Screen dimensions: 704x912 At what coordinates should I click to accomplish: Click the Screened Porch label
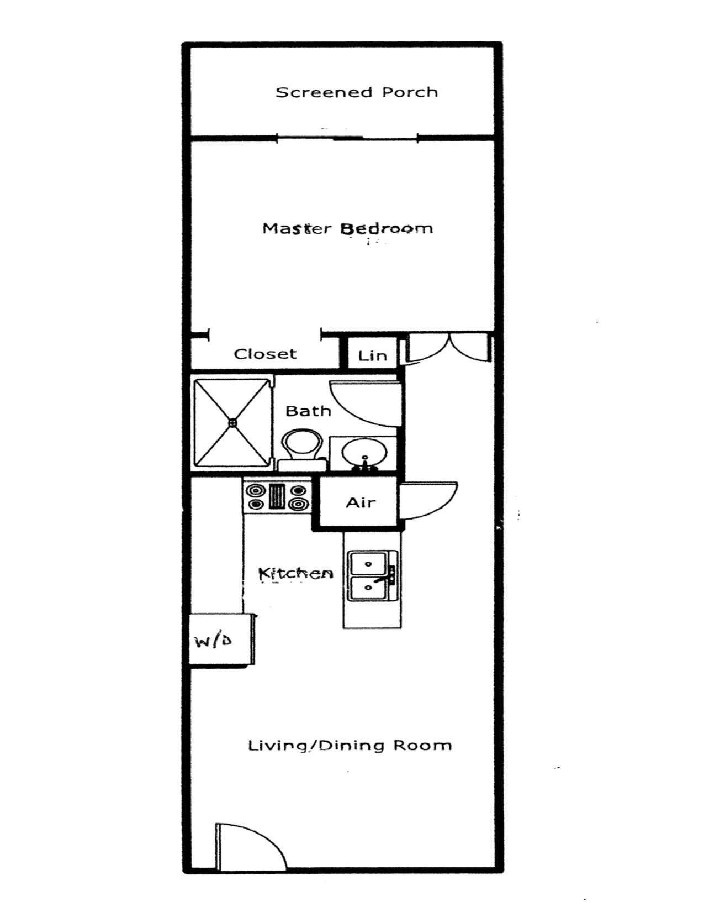pyautogui.click(x=356, y=92)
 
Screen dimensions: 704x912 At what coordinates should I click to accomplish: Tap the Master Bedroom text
pyautogui.click(x=347, y=229)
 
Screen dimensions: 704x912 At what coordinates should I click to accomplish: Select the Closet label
pyautogui.click(x=265, y=354)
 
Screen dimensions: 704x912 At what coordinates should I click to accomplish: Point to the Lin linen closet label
pyautogui.click(x=372, y=356)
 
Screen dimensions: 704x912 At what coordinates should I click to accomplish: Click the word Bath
pyautogui.click(x=308, y=411)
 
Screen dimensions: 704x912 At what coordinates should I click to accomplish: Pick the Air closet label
pyautogui.click(x=361, y=502)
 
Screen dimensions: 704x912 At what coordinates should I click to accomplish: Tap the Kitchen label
pyautogui.click(x=296, y=573)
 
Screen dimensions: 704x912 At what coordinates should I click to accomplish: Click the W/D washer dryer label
pyautogui.click(x=214, y=640)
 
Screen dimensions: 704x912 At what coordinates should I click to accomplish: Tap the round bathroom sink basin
pyautogui.click(x=364, y=453)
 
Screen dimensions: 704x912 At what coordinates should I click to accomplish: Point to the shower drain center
pyautogui.click(x=232, y=423)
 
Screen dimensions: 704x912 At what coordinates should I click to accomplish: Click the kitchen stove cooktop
pyautogui.click(x=277, y=497)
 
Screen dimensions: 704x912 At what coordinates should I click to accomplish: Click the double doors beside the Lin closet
pyautogui.click(x=449, y=348)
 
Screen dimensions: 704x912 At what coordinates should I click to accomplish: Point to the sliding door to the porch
pyautogui.click(x=347, y=137)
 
